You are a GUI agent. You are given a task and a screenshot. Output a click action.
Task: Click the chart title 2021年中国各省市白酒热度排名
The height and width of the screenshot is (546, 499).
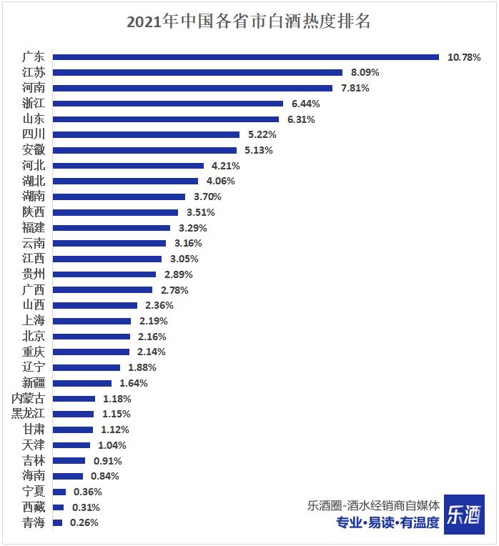click(249, 21)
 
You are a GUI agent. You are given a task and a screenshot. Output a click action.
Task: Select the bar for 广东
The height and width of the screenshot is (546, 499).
click(245, 57)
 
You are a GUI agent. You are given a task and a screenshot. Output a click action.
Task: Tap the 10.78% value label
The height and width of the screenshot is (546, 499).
click(464, 57)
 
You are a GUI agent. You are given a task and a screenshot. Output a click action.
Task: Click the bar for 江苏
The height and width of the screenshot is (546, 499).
click(197, 72)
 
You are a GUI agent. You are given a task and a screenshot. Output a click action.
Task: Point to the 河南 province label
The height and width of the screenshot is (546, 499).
click(33, 88)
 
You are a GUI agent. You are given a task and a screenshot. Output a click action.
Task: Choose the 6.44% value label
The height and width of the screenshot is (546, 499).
click(305, 104)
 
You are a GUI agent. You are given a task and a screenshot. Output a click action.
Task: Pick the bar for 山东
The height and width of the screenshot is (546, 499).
click(165, 119)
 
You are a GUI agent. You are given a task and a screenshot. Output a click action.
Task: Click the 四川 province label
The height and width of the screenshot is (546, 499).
click(33, 134)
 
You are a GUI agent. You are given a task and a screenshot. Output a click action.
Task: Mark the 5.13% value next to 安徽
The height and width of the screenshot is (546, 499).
click(259, 150)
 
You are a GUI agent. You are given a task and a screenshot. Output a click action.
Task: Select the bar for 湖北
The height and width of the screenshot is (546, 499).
click(125, 181)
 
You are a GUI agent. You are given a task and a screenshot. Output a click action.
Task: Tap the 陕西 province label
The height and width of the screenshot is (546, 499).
click(33, 212)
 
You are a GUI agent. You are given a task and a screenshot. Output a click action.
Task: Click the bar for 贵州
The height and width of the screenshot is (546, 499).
click(104, 274)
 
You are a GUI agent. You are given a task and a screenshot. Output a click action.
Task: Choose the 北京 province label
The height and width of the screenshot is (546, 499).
click(33, 337)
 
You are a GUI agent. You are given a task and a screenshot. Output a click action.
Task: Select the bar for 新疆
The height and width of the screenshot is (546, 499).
click(82, 383)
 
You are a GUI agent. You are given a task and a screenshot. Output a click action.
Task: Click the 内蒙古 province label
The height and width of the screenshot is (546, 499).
click(29, 399)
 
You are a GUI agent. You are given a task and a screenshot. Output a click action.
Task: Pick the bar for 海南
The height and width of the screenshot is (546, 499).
click(68, 476)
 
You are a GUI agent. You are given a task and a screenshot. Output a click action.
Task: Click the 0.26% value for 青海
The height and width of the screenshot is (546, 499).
click(84, 522)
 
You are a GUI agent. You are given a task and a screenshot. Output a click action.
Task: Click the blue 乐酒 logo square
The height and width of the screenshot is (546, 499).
click(463, 514)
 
